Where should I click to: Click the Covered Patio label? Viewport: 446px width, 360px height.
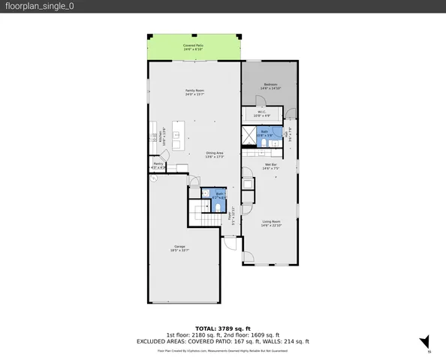coord(194,47)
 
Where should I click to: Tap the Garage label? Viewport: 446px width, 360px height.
coord(180,248)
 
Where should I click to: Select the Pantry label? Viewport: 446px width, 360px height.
coord(158,165)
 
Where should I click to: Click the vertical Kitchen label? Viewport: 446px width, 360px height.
coord(154,136)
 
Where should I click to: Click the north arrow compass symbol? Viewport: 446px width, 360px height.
coord(425,341)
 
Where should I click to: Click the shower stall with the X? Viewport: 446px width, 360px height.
coord(249,135)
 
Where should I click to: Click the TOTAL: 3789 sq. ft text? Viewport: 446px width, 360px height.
coord(222,328)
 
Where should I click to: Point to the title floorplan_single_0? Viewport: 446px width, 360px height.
coord(39,6)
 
